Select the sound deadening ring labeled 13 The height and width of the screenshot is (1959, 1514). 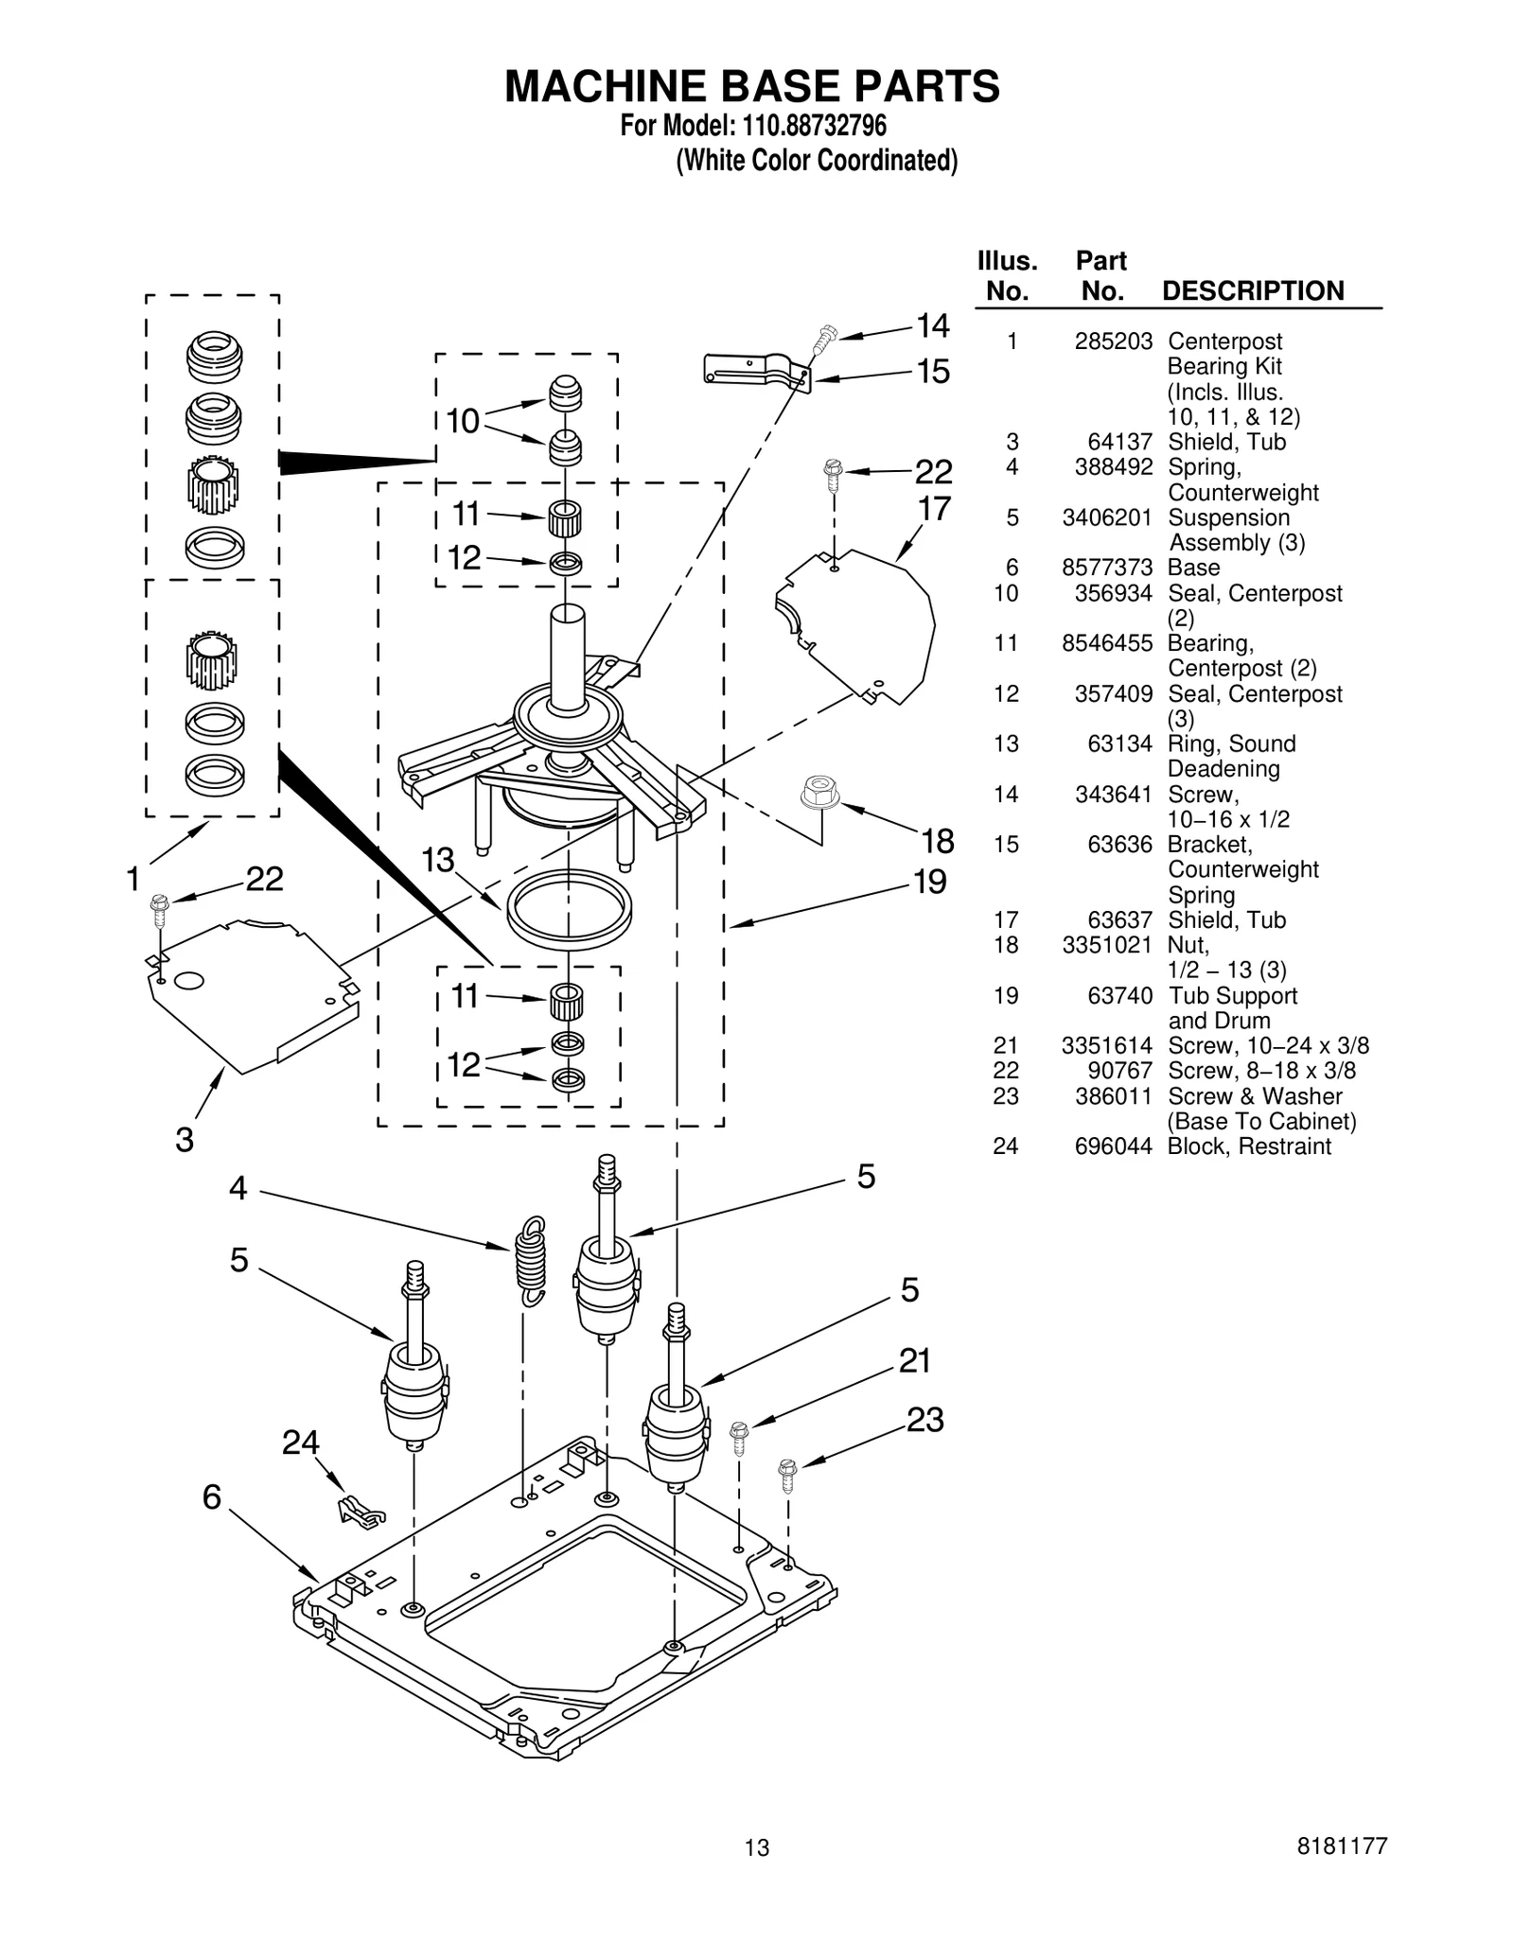(569, 910)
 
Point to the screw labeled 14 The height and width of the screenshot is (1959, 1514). (824, 339)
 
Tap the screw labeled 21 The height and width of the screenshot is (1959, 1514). (739, 1437)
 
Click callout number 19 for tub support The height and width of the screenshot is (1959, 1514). (929, 882)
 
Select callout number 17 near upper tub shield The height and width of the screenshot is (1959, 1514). (934, 509)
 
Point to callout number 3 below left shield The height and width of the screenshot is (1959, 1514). (185, 1139)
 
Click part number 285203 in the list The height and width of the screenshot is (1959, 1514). (1113, 341)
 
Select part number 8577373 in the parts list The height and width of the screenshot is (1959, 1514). (1106, 568)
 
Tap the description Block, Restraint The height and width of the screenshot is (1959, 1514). (1248, 1146)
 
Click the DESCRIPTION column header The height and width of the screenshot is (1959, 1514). (1252, 290)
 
